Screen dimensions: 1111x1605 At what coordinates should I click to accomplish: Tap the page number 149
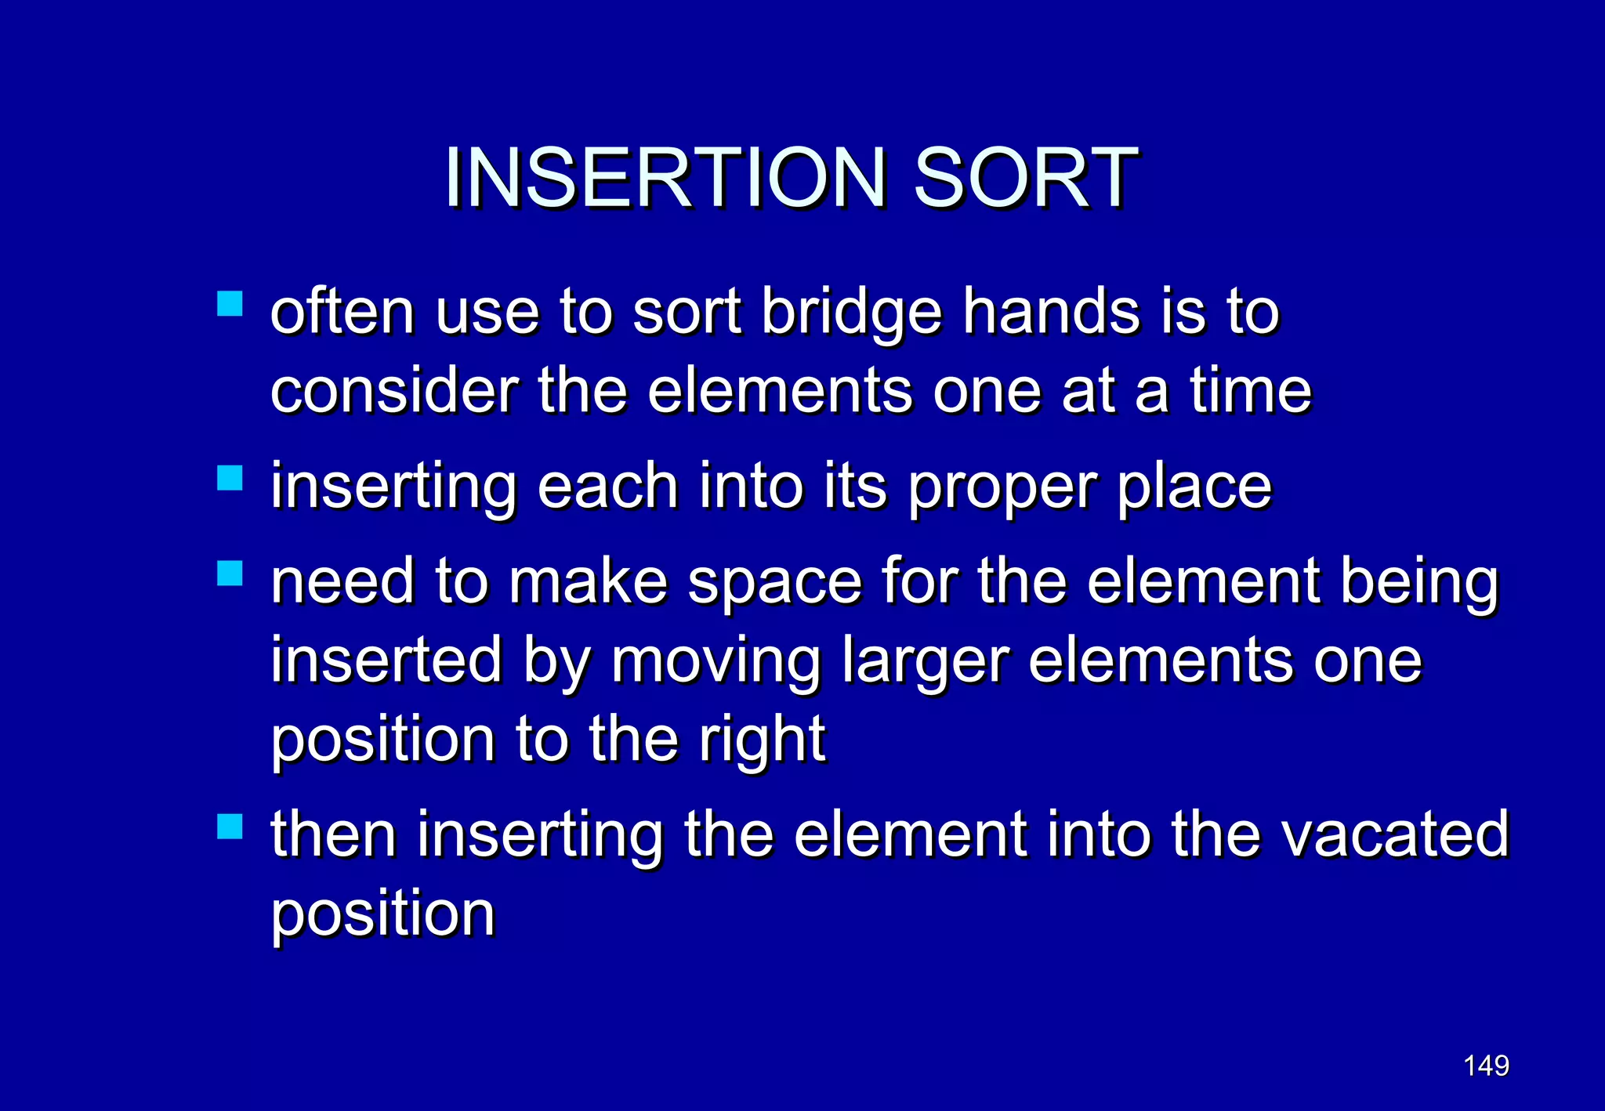[x=1486, y=1066]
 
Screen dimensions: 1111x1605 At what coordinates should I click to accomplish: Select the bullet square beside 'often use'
[x=230, y=303]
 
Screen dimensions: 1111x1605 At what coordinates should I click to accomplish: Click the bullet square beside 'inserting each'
[x=230, y=477]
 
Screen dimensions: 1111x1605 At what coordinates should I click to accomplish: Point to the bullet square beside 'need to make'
[x=230, y=573]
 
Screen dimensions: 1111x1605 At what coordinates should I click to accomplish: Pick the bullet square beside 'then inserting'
[x=230, y=826]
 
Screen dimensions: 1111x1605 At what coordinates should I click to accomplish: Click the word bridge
[x=852, y=313]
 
